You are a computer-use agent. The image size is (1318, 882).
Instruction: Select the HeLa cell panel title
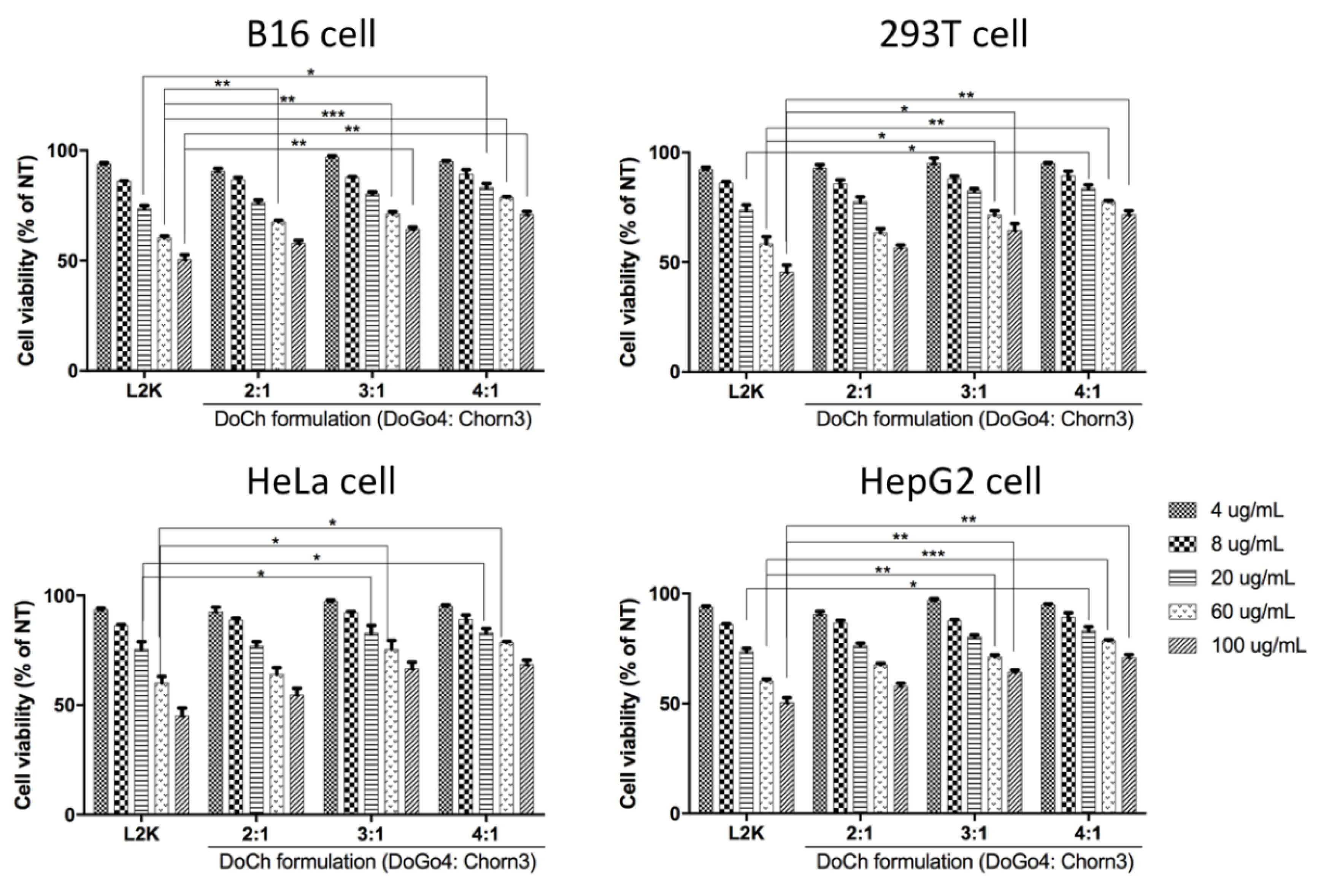point(321,482)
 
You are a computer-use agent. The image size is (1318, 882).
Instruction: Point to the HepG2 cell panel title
point(951,482)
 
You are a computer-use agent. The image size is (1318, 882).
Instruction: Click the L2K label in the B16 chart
point(144,391)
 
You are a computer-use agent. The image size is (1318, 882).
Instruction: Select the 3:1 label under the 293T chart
point(973,392)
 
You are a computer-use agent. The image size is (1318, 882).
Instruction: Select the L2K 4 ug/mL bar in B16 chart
point(103,267)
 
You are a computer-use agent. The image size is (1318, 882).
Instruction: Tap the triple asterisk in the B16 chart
point(333,114)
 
